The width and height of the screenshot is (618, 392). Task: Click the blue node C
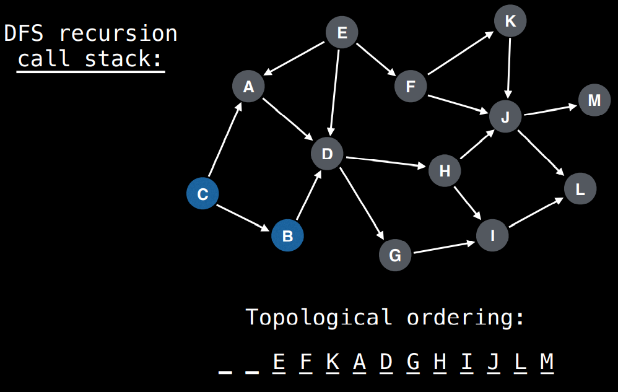coord(202,194)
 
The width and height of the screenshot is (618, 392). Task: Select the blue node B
coord(287,235)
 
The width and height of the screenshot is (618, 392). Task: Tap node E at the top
coord(342,33)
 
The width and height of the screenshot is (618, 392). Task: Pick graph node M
coord(594,100)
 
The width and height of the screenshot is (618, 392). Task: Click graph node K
coord(510,22)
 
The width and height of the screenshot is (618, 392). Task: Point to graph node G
coord(395,255)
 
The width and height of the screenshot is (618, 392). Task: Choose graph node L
coord(580,189)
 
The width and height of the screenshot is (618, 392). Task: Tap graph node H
coord(445,170)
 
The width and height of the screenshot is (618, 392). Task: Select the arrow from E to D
coord(335,92)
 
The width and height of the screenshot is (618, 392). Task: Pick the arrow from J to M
coord(550,110)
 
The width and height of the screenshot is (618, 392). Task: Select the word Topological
coord(319,317)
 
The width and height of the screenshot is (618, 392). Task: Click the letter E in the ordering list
coord(279,362)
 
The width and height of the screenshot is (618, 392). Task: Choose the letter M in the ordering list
coord(546,362)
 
